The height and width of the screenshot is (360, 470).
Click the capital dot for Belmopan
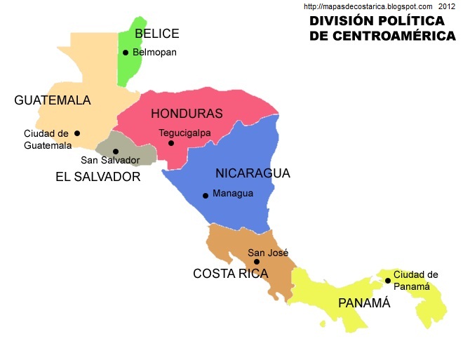click(126, 53)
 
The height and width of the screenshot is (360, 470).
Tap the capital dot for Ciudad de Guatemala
click(77, 133)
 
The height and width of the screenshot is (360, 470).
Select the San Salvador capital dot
click(116, 152)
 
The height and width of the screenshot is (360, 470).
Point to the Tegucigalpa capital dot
click(171, 143)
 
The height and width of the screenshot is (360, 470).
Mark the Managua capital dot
click(206, 196)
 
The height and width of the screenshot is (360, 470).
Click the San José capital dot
click(256, 262)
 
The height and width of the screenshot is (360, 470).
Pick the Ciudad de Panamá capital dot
click(387, 281)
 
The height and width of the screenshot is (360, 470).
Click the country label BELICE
click(157, 34)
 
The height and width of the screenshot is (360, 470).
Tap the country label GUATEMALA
click(53, 100)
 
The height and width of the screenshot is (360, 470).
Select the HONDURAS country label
click(187, 114)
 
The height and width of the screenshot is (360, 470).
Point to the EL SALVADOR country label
click(98, 178)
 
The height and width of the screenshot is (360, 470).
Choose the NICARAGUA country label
click(253, 173)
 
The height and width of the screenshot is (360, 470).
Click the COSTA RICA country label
click(230, 274)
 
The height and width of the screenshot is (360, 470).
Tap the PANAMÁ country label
click(363, 303)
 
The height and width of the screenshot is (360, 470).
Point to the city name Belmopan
click(154, 52)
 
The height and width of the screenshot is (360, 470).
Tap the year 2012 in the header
click(448, 6)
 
